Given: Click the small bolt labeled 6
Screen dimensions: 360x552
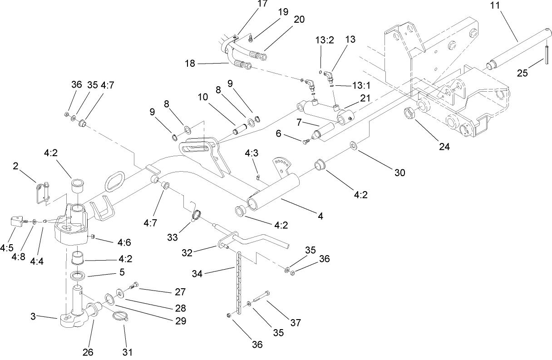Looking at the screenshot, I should point(306,142).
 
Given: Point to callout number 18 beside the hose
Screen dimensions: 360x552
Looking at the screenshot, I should point(190,64).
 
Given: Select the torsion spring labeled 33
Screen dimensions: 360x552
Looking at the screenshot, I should point(196,215).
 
